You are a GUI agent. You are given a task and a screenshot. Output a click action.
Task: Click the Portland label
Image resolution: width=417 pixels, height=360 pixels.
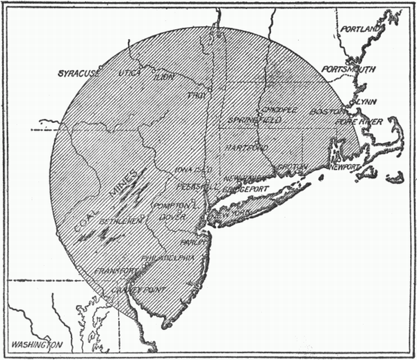tap(359, 28)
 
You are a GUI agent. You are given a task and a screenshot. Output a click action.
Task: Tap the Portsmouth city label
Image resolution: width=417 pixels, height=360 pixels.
tap(348, 69)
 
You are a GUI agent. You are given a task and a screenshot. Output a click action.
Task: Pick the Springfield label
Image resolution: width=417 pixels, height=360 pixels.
tap(254, 121)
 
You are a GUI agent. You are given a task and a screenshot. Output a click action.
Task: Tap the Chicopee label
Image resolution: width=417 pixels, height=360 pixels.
tap(278, 110)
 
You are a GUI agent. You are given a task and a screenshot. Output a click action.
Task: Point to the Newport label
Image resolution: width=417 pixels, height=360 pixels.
tap(345, 168)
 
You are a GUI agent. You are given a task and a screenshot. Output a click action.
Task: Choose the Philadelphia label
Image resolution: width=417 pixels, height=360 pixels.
tap(167, 259)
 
